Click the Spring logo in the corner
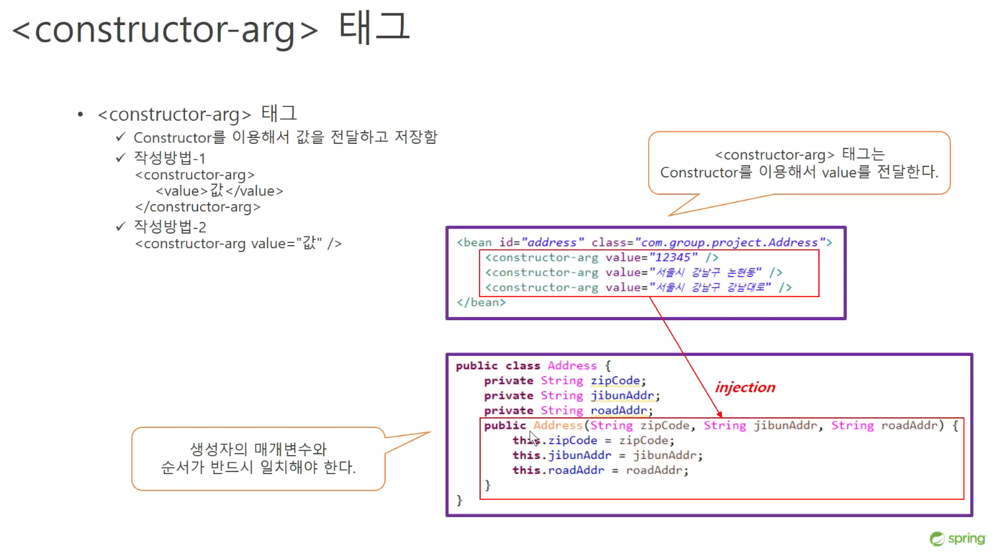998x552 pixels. (x=958, y=539)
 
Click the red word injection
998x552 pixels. (x=745, y=387)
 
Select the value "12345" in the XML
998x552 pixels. (x=673, y=258)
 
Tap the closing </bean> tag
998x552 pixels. (x=481, y=302)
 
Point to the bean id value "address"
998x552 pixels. (x=552, y=242)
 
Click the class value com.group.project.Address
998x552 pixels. (x=733, y=242)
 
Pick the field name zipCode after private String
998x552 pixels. (x=616, y=380)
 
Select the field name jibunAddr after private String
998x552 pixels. (x=622, y=396)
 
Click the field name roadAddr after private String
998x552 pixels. (x=619, y=410)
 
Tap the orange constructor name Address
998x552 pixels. (x=558, y=425)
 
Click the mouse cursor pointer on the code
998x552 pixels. (x=534, y=438)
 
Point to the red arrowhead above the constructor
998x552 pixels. (x=719, y=415)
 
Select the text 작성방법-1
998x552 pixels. (x=170, y=158)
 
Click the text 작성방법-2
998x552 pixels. (x=170, y=226)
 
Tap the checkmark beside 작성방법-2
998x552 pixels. (x=120, y=226)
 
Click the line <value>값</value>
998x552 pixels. (x=219, y=191)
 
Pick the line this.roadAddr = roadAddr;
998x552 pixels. (x=600, y=471)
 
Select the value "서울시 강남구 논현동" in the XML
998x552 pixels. (x=705, y=272)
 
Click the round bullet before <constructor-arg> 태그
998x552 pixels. (x=80, y=115)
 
